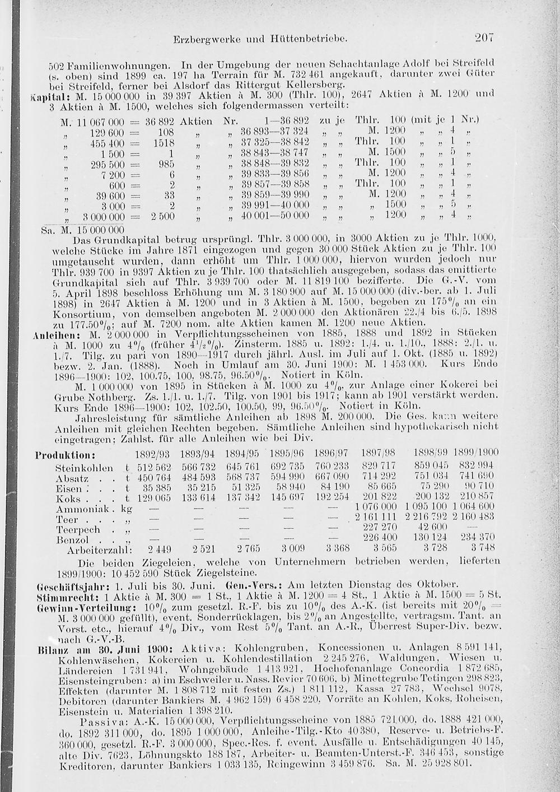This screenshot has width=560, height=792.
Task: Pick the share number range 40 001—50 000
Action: [274, 215]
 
